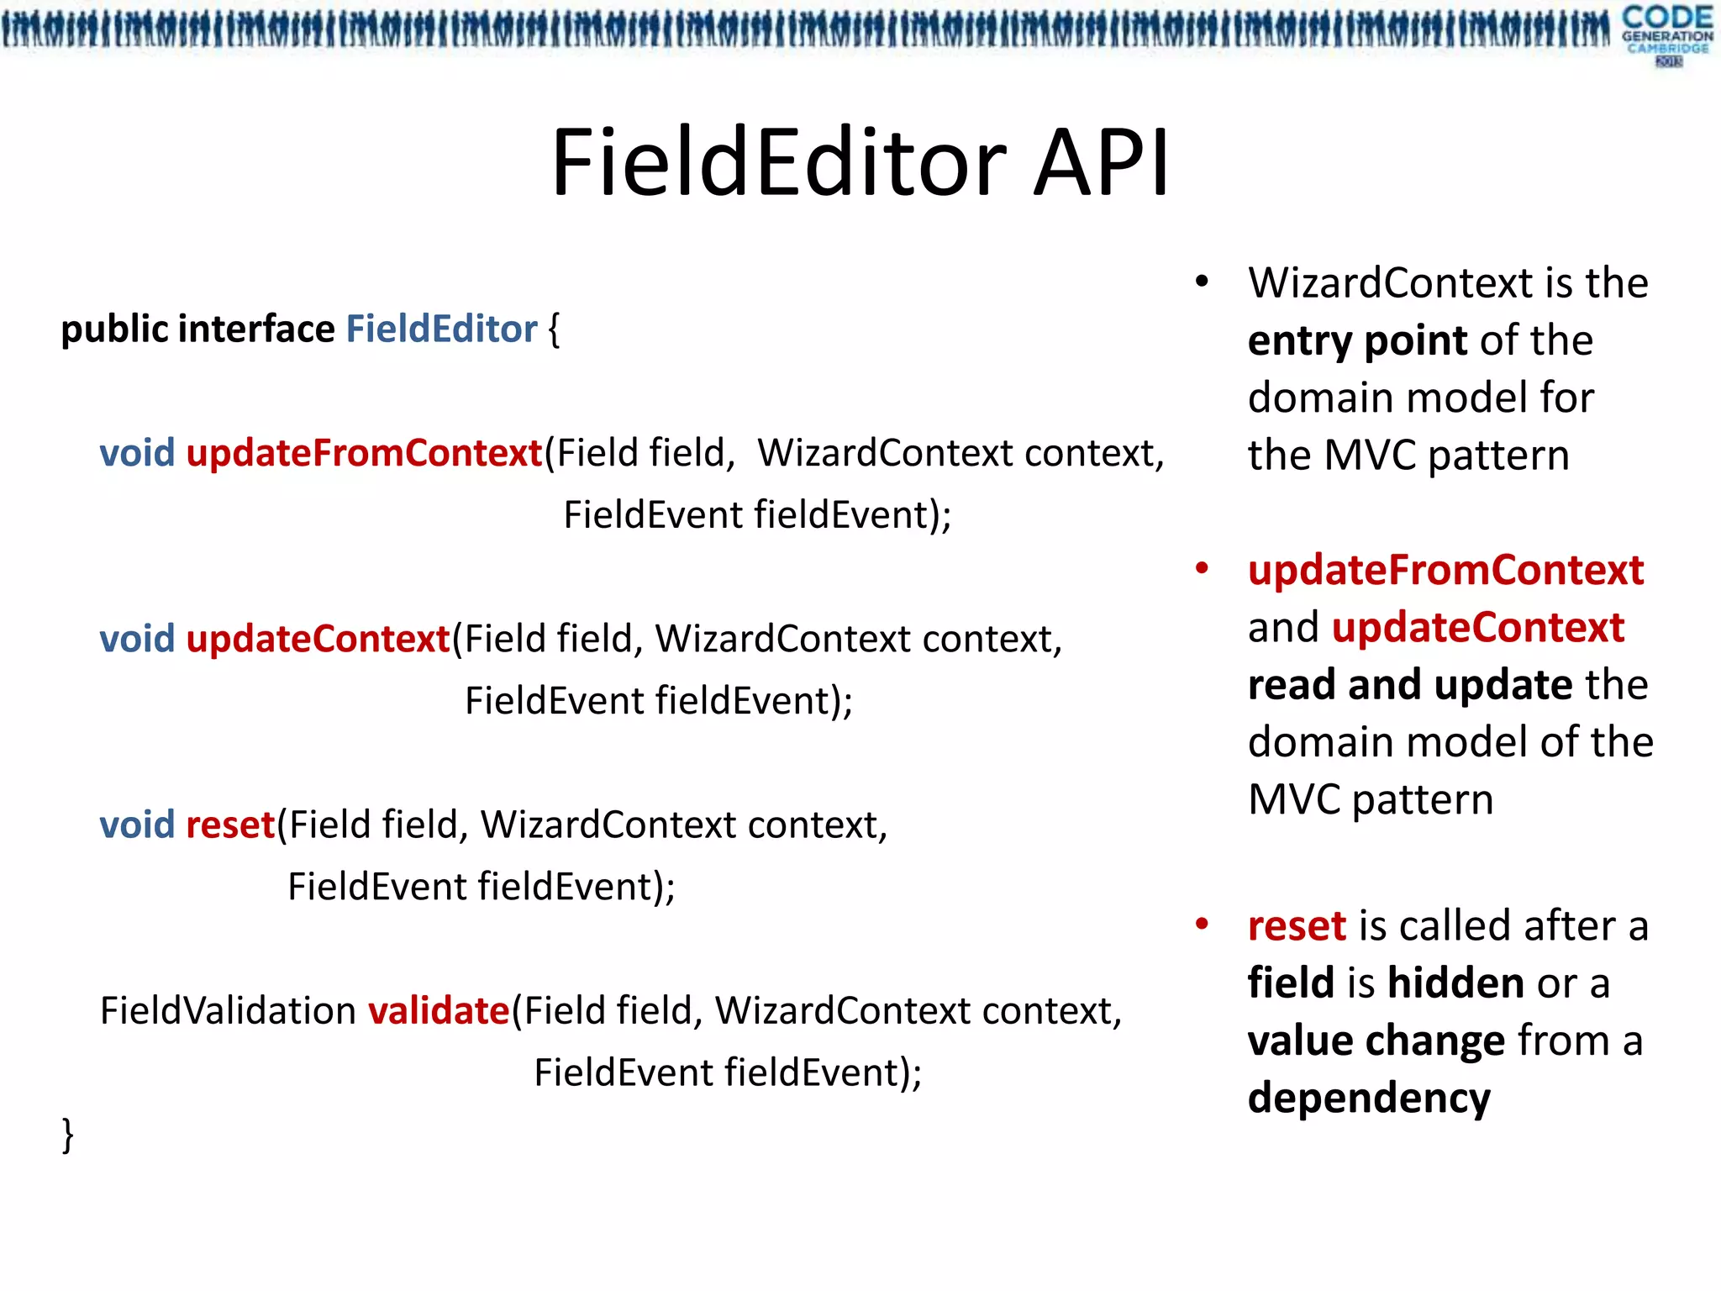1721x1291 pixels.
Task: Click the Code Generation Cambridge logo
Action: (1666, 34)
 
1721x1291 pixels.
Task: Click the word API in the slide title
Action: (1101, 163)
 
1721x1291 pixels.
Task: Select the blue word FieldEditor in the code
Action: (441, 329)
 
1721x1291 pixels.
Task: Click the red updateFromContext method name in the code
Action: (364, 453)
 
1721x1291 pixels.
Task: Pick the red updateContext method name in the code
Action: (318, 639)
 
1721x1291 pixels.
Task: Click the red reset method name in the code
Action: (230, 825)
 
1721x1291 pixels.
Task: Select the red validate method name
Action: (439, 1010)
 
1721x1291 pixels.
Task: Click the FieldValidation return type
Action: (228, 1010)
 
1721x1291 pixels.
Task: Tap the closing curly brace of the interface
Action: (68, 1135)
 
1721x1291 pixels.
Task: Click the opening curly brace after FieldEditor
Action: (554, 329)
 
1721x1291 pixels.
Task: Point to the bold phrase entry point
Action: (1357, 340)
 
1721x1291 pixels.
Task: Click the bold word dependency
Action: (1369, 1098)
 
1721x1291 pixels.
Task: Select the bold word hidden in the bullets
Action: (1455, 983)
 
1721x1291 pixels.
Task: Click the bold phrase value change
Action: (1376, 1041)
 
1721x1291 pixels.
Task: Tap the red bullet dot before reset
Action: (1202, 925)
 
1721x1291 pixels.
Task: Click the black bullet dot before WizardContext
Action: (1202, 282)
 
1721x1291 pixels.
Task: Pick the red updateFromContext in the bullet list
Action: (1445, 570)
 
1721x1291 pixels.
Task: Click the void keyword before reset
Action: (137, 825)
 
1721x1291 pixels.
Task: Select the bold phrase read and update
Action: (1409, 684)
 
